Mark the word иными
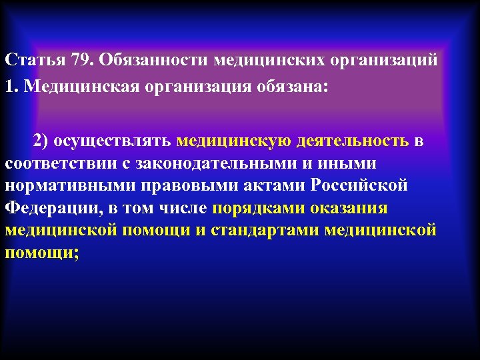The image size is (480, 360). tap(350, 163)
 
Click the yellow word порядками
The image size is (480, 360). tap(259, 208)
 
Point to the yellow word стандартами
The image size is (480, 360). tap(287, 230)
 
